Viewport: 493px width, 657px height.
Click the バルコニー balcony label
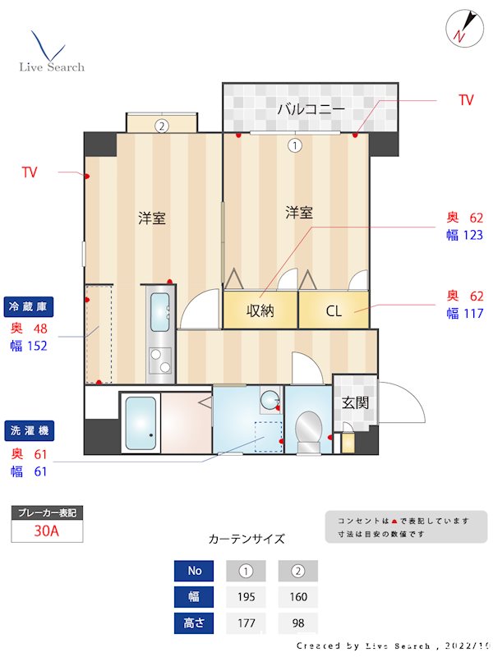(x=310, y=108)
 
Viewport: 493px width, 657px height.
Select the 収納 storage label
(x=260, y=310)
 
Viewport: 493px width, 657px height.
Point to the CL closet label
(x=333, y=310)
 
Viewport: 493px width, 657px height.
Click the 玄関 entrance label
(x=355, y=402)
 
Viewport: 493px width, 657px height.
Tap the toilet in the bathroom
(x=309, y=430)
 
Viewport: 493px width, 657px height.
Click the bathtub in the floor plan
(x=141, y=422)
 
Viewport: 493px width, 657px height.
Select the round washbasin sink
(x=270, y=402)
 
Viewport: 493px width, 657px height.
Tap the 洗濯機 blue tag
(x=30, y=430)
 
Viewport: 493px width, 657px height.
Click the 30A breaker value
(x=47, y=531)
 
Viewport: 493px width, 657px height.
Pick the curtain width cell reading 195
(x=246, y=597)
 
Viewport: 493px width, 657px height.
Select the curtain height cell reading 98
(x=297, y=623)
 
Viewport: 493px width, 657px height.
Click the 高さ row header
(x=195, y=623)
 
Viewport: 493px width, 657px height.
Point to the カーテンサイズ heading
(x=246, y=539)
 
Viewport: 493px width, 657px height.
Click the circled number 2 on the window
(x=162, y=126)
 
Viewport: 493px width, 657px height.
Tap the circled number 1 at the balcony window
(x=294, y=145)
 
